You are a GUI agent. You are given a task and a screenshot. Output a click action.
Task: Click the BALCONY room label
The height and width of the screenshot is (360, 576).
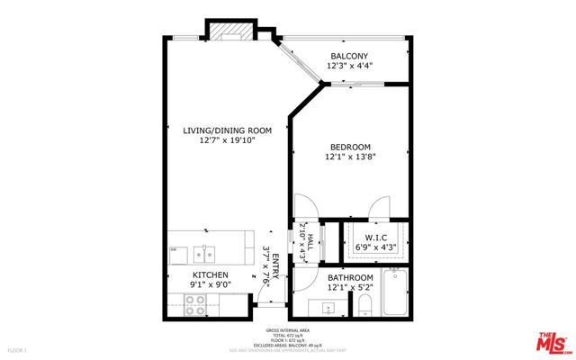[350, 56]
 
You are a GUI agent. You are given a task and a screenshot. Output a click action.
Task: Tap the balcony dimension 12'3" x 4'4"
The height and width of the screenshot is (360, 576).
[350, 66]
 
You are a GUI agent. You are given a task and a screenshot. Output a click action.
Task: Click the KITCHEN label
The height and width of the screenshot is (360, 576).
[210, 274]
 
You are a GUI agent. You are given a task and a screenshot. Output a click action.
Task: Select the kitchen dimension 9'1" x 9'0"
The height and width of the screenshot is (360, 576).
[210, 285]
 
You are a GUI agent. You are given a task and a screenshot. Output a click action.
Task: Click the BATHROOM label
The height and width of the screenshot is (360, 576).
[350, 277]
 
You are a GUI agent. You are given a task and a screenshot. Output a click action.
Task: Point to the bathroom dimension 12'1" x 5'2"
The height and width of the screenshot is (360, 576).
[350, 287]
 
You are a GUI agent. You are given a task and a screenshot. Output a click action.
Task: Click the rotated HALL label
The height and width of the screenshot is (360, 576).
[309, 241]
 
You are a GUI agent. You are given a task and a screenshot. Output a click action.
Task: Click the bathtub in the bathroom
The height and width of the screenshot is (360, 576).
[395, 292]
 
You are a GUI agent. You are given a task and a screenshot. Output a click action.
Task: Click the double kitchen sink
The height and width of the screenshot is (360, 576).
[208, 251]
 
